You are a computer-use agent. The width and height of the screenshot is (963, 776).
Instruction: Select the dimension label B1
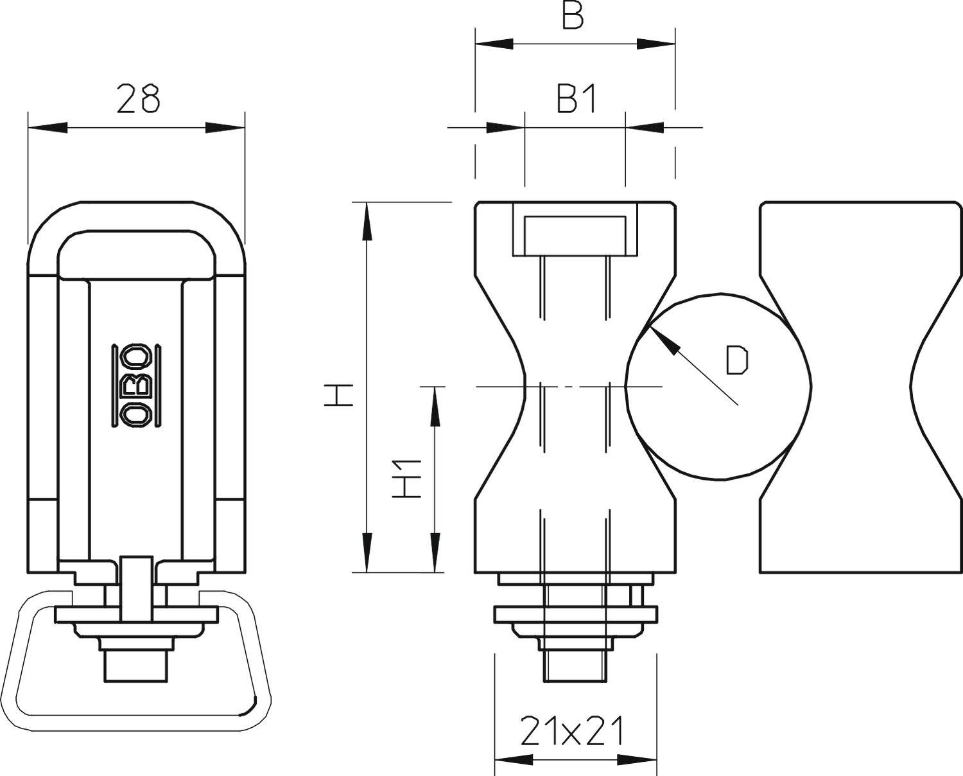pyautogui.click(x=577, y=100)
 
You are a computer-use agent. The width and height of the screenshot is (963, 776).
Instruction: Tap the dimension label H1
pyautogui.click(x=407, y=479)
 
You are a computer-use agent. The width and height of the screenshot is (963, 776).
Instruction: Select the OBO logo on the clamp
pyautogui.click(x=137, y=385)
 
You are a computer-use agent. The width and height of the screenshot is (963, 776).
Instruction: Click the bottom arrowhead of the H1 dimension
pyautogui.click(x=435, y=552)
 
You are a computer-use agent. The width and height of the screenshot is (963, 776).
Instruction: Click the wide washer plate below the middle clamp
pyautogui.click(x=575, y=615)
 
